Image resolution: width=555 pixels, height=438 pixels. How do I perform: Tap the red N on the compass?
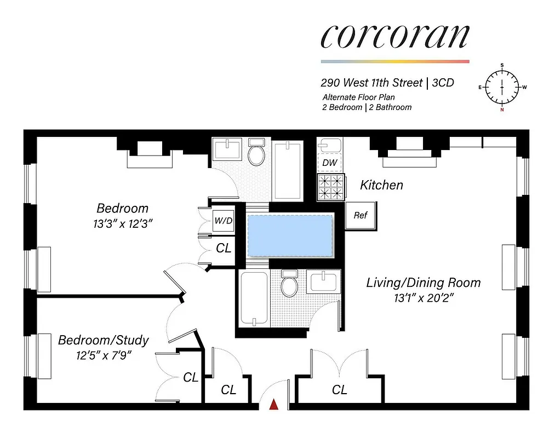pyautogui.click(x=502, y=109)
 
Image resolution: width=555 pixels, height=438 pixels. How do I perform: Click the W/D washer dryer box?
pyautogui.click(x=222, y=221)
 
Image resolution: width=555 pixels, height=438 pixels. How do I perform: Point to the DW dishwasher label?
pyautogui.click(x=329, y=163)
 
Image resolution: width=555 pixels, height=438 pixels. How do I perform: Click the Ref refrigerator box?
pyautogui.click(x=360, y=215)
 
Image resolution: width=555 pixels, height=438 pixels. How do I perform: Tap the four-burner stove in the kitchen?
pyautogui.click(x=331, y=186)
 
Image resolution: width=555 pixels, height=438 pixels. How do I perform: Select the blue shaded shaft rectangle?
pyautogui.click(x=290, y=235)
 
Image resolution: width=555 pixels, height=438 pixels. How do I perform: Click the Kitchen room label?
pyautogui.click(x=381, y=185)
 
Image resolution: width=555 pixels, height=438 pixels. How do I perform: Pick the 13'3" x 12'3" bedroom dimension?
pyautogui.click(x=122, y=224)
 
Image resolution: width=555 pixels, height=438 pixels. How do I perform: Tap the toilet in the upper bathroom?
pyautogui.click(x=256, y=154)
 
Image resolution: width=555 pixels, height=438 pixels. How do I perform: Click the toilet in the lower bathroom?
pyautogui.click(x=288, y=284)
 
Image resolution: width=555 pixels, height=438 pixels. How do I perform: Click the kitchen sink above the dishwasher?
pyautogui.click(x=329, y=145)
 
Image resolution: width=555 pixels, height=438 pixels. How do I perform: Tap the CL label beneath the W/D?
pyautogui.click(x=224, y=248)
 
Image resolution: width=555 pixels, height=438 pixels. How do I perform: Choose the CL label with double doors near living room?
pyautogui.click(x=339, y=390)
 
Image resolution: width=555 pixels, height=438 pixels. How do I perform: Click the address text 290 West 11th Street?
pyautogui.click(x=371, y=83)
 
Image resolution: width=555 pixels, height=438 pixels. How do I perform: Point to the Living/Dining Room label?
pyautogui.click(x=423, y=283)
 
